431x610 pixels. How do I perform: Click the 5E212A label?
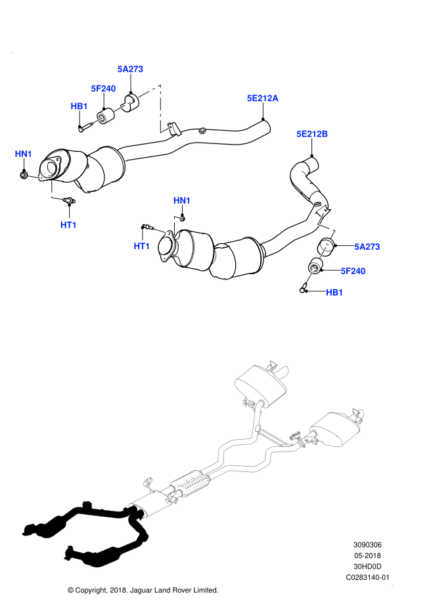tap(262, 99)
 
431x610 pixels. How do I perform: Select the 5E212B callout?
tap(311, 134)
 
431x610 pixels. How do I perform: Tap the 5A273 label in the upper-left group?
tap(129, 69)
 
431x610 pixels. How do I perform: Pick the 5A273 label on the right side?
tap(367, 247)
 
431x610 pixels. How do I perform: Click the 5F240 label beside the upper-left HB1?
tap(103, 89)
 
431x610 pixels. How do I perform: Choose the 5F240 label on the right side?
tap(353, 271)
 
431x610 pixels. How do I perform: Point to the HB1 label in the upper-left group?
tap(79, 106)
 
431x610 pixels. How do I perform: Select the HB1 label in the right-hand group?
tap(334, 293)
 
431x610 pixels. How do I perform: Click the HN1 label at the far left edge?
tap(24, 154)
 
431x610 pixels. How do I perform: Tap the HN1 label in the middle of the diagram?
tap(182, 200)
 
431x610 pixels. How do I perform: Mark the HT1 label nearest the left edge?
tap(68, 225)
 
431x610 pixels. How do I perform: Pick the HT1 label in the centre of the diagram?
tap(142, 246)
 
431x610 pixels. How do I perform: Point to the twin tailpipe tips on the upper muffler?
tap(279, 367)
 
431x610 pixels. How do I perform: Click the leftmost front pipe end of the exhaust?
tap(30, 529)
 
